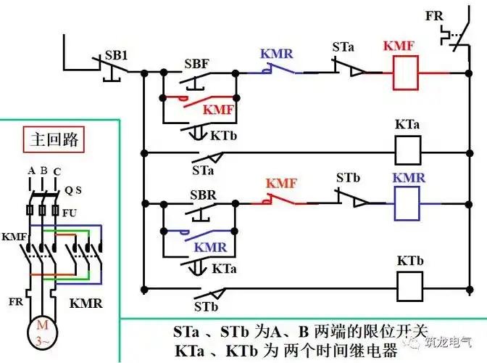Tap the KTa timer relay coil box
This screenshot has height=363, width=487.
408,150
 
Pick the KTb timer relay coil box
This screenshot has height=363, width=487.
408,285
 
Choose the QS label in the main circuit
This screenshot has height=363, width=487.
73,190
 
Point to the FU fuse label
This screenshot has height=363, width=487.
70,213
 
